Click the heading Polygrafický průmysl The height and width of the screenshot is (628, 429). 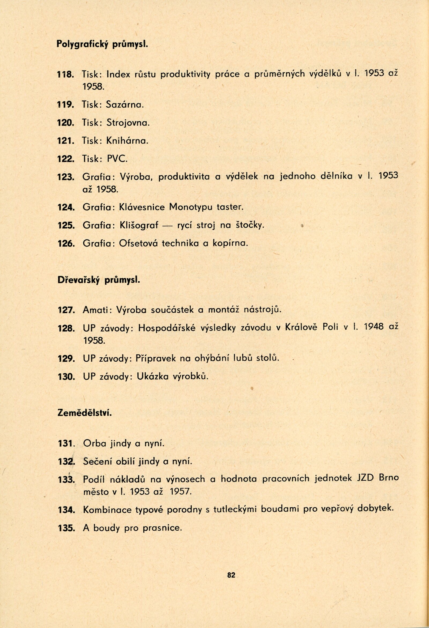pyautogui.click(x=102, y=44)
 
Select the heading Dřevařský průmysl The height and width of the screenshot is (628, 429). pyautogui.click(x=99, y=280)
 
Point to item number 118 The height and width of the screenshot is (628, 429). pyautogui.click(x=65, y=75)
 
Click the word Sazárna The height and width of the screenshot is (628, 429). pyautogui.click(x=124, y=105)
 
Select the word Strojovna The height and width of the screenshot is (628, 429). pyautogui.click(x=128, y=123)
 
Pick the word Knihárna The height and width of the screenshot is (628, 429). pyautogui.click(x=127, y=141)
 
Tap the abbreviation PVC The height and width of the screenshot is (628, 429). pyautogui.click(x=117, y=159)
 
